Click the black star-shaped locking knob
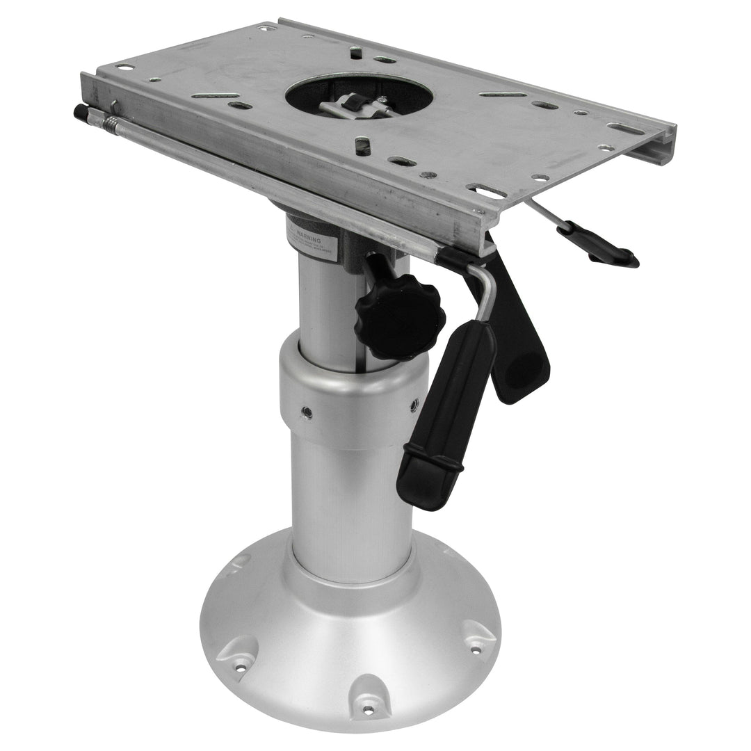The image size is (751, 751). coord(399,316)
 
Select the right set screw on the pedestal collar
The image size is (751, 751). coord(414,403)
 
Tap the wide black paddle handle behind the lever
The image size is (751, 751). coord(522,348)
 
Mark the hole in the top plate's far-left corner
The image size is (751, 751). coord(125,67)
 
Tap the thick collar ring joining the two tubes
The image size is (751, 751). coord(351,396)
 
